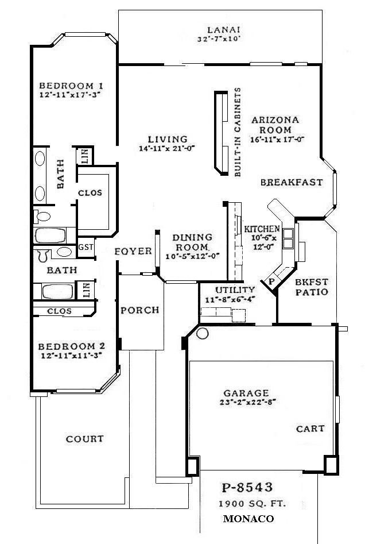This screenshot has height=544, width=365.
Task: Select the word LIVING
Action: click(x=167, y=139)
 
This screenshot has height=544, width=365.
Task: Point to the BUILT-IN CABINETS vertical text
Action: click(x=237, y=133)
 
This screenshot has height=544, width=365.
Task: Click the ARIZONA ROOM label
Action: click(x=275, y=125)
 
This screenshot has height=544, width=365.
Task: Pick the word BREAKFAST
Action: click(x=291, y=183)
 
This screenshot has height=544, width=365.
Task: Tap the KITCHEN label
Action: click(x=262, y=229)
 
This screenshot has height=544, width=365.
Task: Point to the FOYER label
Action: click(x=133, y=251)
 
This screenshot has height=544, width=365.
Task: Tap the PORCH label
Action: click(x=139, y=310)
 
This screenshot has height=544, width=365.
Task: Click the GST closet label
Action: click(x=86, y=248)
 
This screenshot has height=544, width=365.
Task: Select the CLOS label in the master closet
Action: click(x=90, y=193)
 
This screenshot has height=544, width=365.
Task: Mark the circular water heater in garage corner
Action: click(x=201, y=331)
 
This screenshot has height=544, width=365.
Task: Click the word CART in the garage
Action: click(x=310, y=429)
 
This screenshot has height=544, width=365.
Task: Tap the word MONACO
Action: click(x=248, y=518)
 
